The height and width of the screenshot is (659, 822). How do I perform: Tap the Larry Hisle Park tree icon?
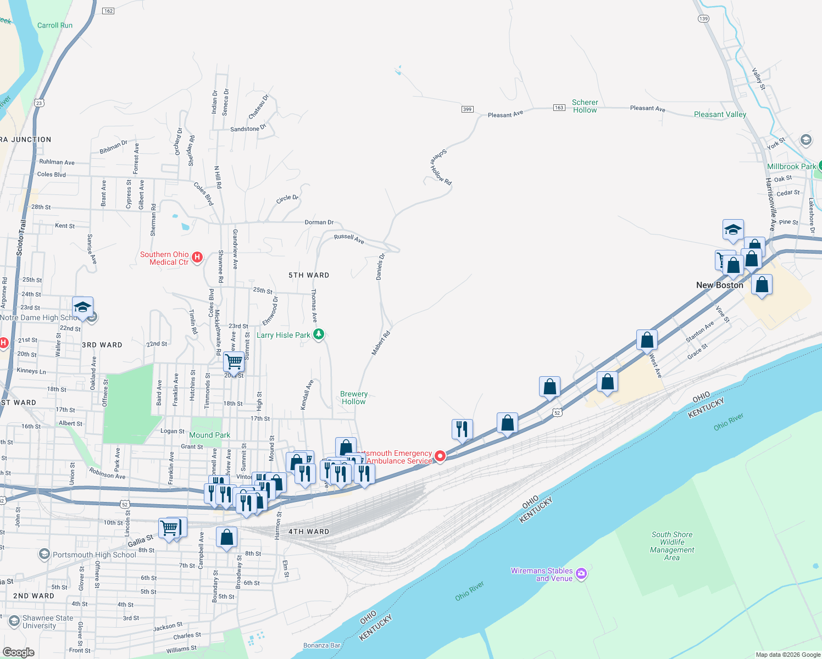[319, 334]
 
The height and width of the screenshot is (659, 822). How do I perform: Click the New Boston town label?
[719, 285]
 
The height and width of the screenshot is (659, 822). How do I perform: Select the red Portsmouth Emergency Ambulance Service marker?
[440, 456]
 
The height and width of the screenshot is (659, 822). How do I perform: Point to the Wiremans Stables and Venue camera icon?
[581, 574]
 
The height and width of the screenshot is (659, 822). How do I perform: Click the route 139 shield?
[703, 19]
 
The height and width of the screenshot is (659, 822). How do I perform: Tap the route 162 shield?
[108, 11]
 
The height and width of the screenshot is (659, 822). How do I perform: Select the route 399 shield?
[467, 109]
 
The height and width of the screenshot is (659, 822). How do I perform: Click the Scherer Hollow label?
[585, 106]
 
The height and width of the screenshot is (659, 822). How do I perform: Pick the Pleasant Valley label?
[720, 114]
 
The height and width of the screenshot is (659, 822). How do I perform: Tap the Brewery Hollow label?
[354, 398]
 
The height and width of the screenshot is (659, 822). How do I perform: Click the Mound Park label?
[209, 435]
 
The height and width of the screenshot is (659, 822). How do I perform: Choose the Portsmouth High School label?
[94, 555]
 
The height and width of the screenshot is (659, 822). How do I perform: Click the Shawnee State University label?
[48, 622]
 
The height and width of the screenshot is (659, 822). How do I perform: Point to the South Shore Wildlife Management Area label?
[672, 546]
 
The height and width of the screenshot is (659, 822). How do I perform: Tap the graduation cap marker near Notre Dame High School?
[82, 308]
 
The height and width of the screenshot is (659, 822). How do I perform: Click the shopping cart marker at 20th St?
[234, 362]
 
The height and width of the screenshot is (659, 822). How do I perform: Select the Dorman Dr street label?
[319, 222]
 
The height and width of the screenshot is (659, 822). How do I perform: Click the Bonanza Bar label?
[322, 645]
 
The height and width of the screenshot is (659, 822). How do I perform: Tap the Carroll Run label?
[55, 25]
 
